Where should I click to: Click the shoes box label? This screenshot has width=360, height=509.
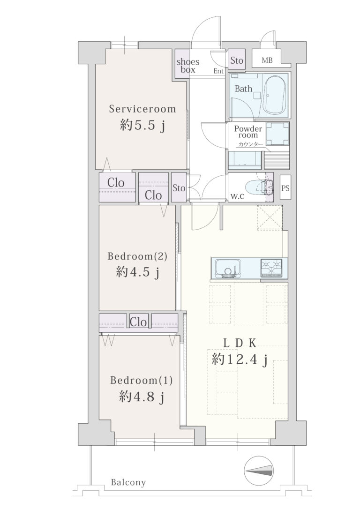(x=187, y=66)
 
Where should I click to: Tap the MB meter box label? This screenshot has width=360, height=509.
(x=267, y=60)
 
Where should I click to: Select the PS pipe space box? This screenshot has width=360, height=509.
(x=285, y=187)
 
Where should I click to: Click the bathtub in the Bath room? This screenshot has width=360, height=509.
(x=275, y=95)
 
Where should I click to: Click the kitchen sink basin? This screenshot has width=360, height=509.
(x=227, y=268)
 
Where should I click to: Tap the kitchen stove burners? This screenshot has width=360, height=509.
(x=271, y=268)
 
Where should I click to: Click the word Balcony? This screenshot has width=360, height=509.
(x=128, y=482)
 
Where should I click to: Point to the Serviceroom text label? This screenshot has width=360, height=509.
(x=142, y=109)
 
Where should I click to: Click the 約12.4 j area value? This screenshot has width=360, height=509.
(x=240, y=359)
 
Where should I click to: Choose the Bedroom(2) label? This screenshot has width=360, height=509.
(x=137, y=256)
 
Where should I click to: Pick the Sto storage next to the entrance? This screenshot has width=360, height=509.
(x=237, y=60)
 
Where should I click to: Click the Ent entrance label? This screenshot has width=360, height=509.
(x=218, y=71)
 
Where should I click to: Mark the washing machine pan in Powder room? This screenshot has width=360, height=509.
(x=277, y=134)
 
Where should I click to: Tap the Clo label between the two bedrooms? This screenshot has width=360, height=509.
(x=138, y=322)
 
